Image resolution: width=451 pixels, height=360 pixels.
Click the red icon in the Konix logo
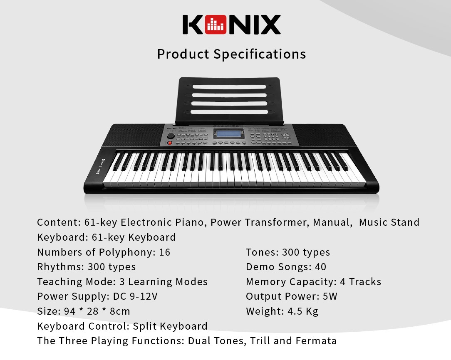tap(216, 25)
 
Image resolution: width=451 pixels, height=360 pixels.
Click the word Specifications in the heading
tap(260, 54)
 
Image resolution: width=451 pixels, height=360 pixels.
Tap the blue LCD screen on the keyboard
tap(229, 134)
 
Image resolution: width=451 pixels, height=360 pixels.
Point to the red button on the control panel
tap(170, 143)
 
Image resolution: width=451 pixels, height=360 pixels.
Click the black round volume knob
tap(171, 136)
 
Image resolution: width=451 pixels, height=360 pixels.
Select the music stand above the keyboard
tap(229, 101)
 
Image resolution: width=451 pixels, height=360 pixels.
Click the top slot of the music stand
tap(229, 87)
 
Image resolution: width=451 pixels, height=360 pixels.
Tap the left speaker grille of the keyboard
tap(136, 135)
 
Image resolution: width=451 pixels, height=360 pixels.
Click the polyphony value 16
tap(165, 252)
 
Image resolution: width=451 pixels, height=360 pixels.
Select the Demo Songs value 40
tap(321, 267)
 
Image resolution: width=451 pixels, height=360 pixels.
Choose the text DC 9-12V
tap(135, 296)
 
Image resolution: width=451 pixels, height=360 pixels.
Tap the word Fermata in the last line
tap(316, 341)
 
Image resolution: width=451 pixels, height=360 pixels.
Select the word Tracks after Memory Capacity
tap(365, 282)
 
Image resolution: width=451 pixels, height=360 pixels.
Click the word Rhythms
tap(60, 267)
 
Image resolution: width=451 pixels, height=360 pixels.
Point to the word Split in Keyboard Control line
tap(145, 326)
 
